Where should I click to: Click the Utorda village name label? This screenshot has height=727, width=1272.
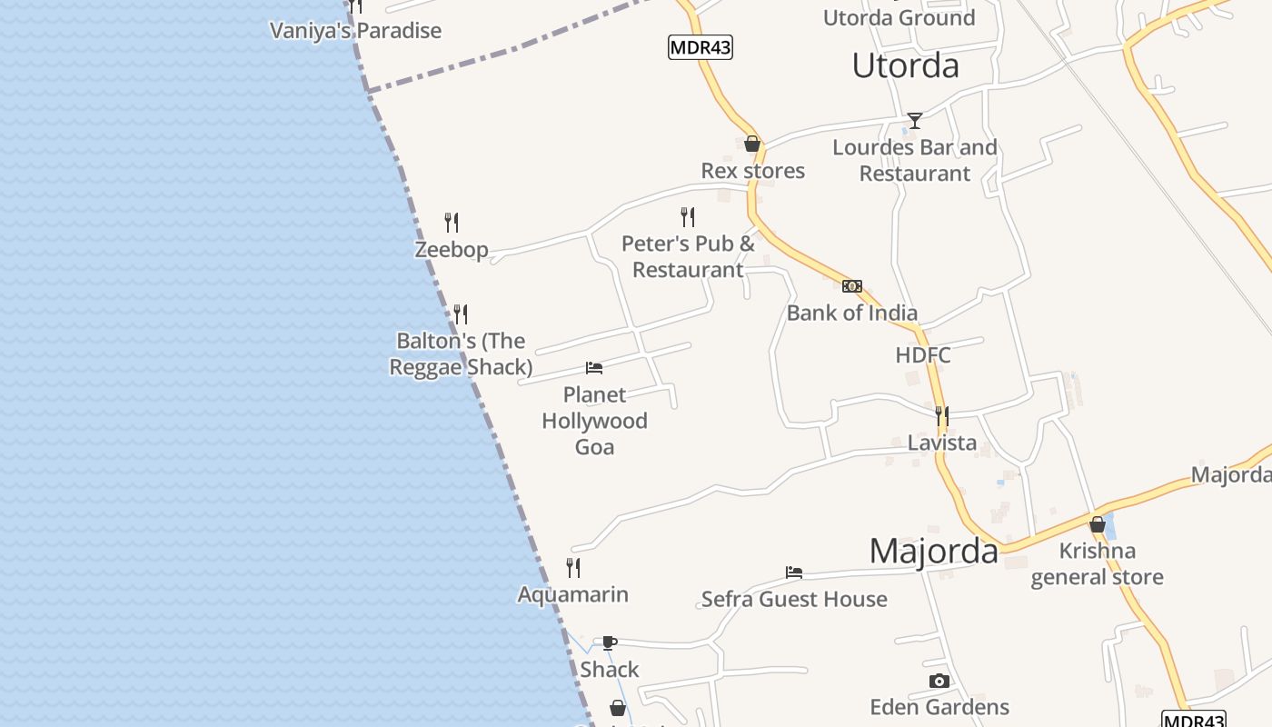coord(905,65)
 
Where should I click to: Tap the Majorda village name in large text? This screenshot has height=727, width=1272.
coord(934,552)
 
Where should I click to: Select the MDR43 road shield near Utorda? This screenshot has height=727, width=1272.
coord(700,47)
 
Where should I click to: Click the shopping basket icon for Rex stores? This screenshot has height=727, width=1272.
coord(752,144)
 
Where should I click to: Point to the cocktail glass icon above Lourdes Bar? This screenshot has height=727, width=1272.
coord(914,121)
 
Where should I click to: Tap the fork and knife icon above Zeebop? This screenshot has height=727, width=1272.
coord(452,223)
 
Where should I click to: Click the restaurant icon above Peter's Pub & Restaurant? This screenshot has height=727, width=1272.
coord(688,217)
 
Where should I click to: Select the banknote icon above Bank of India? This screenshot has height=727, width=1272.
coord(851,286)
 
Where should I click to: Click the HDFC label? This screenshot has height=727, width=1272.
coord(923,355)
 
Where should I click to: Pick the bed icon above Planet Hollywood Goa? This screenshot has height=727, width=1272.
coord(594,368)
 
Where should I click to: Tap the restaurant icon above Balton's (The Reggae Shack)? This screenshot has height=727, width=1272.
coord(461,314)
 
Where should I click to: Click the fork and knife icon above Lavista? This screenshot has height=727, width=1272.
coord(942,416)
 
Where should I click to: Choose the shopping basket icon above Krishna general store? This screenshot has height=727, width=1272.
coord(1098,524)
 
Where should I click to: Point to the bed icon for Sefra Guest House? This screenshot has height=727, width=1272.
coord(794,573)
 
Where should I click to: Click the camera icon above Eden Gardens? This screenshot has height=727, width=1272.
coord(939,682)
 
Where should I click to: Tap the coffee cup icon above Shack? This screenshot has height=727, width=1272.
coord(610,643)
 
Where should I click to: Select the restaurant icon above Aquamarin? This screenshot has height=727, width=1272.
coord(573,568)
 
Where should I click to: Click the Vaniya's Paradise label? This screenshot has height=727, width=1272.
coord(355,31)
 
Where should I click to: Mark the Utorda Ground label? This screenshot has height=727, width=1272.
coord(899,17)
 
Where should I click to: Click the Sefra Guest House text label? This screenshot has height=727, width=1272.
coord(794,600)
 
